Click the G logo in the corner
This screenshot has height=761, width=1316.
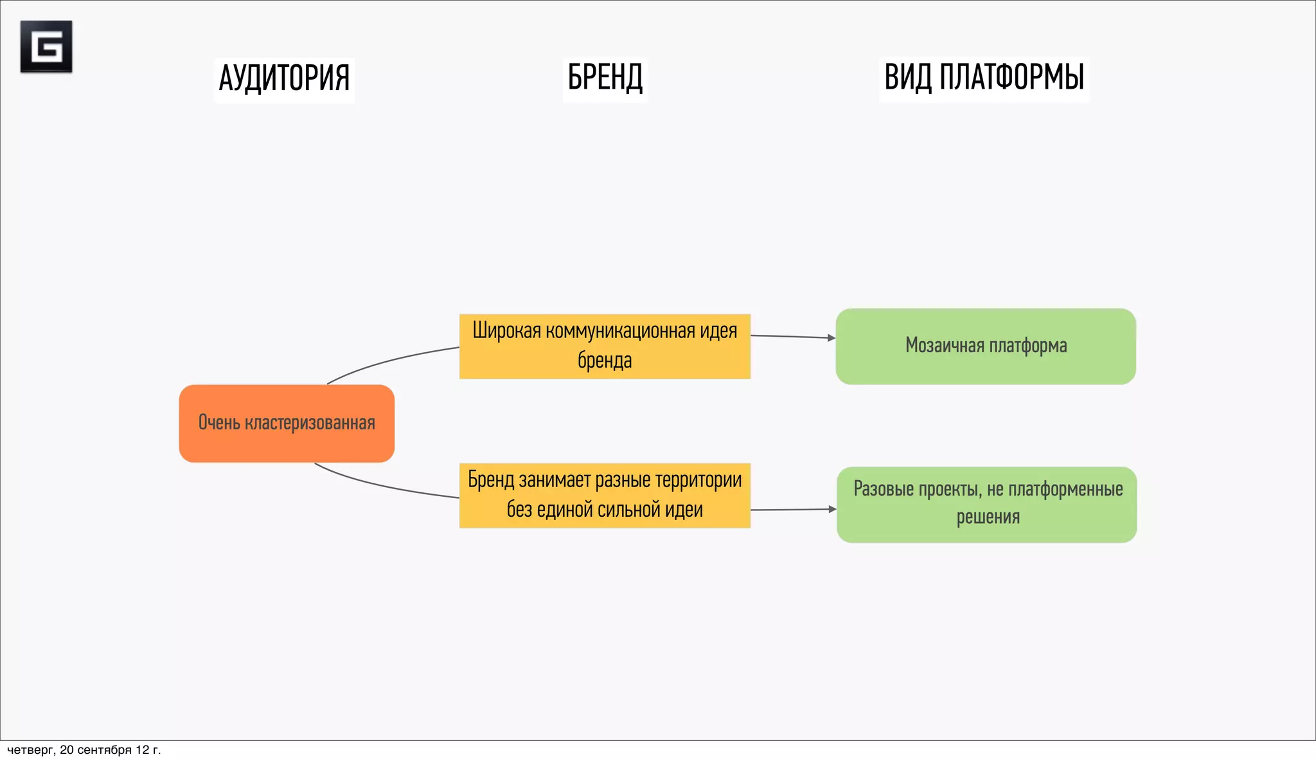pos(46,46)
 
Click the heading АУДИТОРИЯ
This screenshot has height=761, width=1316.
pos(284,78)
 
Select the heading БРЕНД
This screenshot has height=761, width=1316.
pos(605,78)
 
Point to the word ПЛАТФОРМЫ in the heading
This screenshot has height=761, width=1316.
pos(1011,78)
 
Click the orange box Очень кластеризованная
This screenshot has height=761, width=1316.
pos(287,424)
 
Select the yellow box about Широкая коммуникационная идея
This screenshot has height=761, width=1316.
pos(605,346)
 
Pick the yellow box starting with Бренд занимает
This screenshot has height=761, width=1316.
pos(605,496)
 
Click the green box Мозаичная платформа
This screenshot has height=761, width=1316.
pos(986,346)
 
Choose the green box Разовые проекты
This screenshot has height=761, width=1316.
pos(987,505)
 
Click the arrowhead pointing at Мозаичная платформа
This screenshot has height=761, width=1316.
pos(831,337)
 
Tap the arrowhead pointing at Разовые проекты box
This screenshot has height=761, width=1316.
pos(833,509)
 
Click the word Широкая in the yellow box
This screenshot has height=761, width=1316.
pos(507,331)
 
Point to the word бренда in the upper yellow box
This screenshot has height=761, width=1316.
pos(605,361)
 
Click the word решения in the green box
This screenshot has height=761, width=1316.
pos(988,517)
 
